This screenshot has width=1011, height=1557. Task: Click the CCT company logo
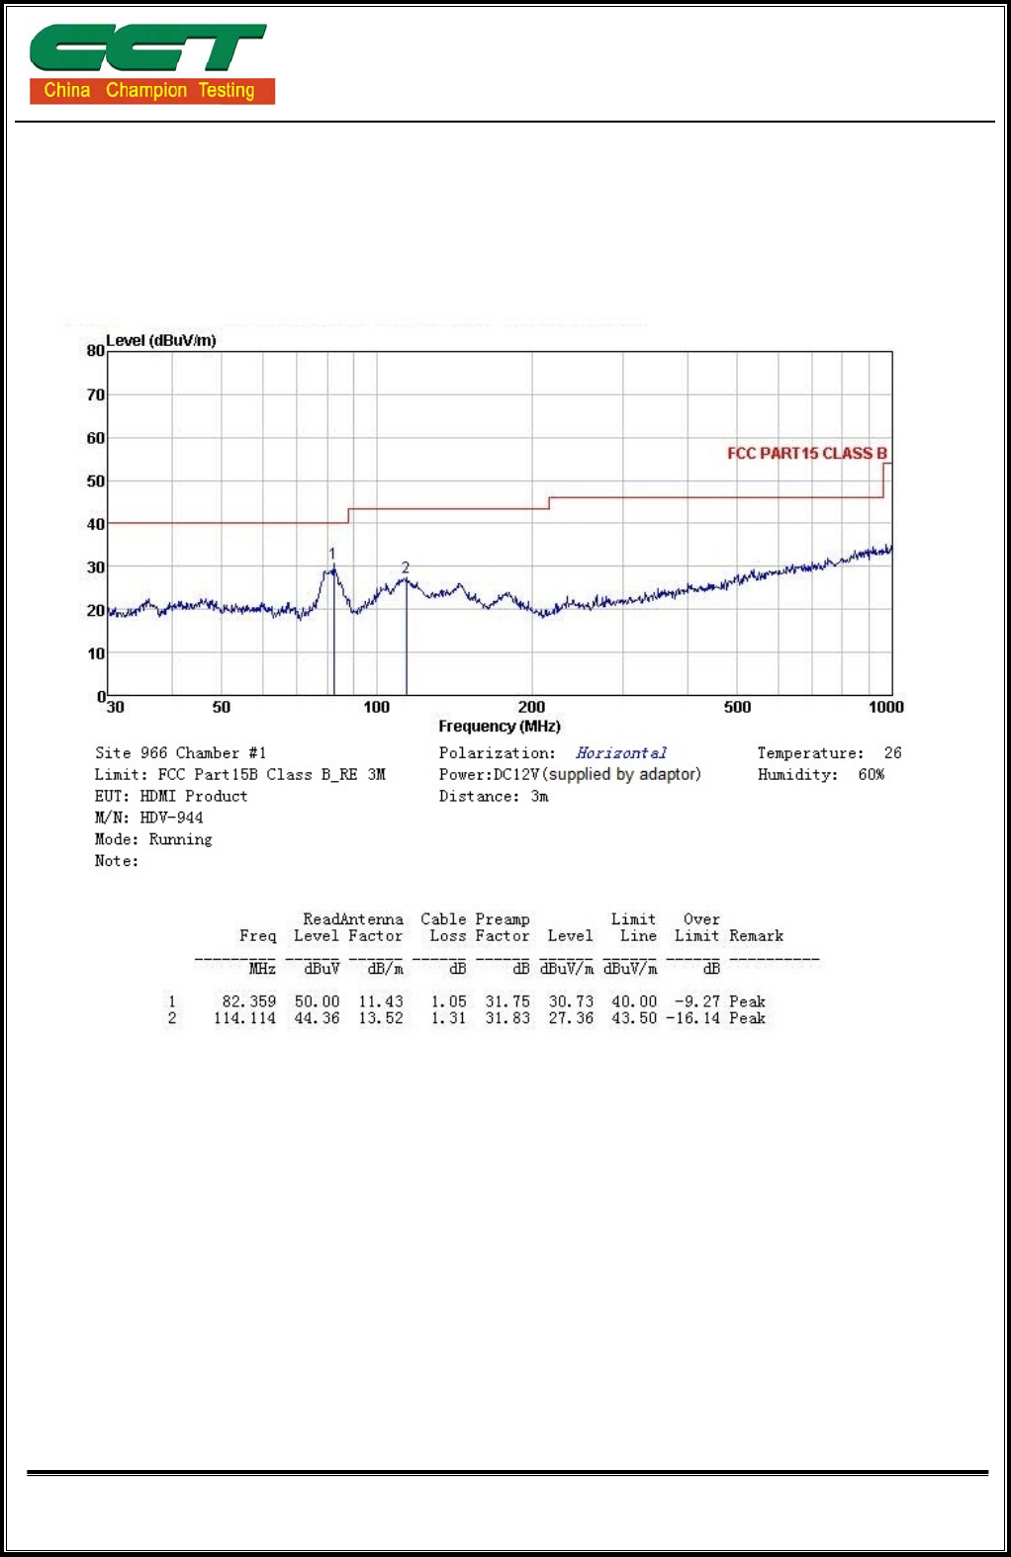151,64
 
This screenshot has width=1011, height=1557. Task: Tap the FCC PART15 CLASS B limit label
806,454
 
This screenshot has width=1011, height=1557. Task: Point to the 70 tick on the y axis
96,395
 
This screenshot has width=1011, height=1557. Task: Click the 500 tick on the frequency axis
737,708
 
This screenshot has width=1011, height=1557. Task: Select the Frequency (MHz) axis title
500,727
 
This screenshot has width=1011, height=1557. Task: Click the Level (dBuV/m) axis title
161,341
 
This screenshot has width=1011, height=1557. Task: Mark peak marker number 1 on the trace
332,554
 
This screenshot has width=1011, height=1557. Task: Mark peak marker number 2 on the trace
406,567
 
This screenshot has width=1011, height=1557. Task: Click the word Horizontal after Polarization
621,753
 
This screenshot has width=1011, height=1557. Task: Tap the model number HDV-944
171,819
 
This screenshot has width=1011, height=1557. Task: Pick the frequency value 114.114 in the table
244,1019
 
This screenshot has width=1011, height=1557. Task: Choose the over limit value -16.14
692,1019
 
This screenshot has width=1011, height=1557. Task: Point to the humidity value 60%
872,775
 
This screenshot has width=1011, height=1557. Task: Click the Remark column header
756,936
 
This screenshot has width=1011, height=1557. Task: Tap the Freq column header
257,936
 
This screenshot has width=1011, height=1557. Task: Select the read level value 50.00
317,1002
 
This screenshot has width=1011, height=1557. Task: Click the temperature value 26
892,753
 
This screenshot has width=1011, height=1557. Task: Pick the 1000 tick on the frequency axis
886,708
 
